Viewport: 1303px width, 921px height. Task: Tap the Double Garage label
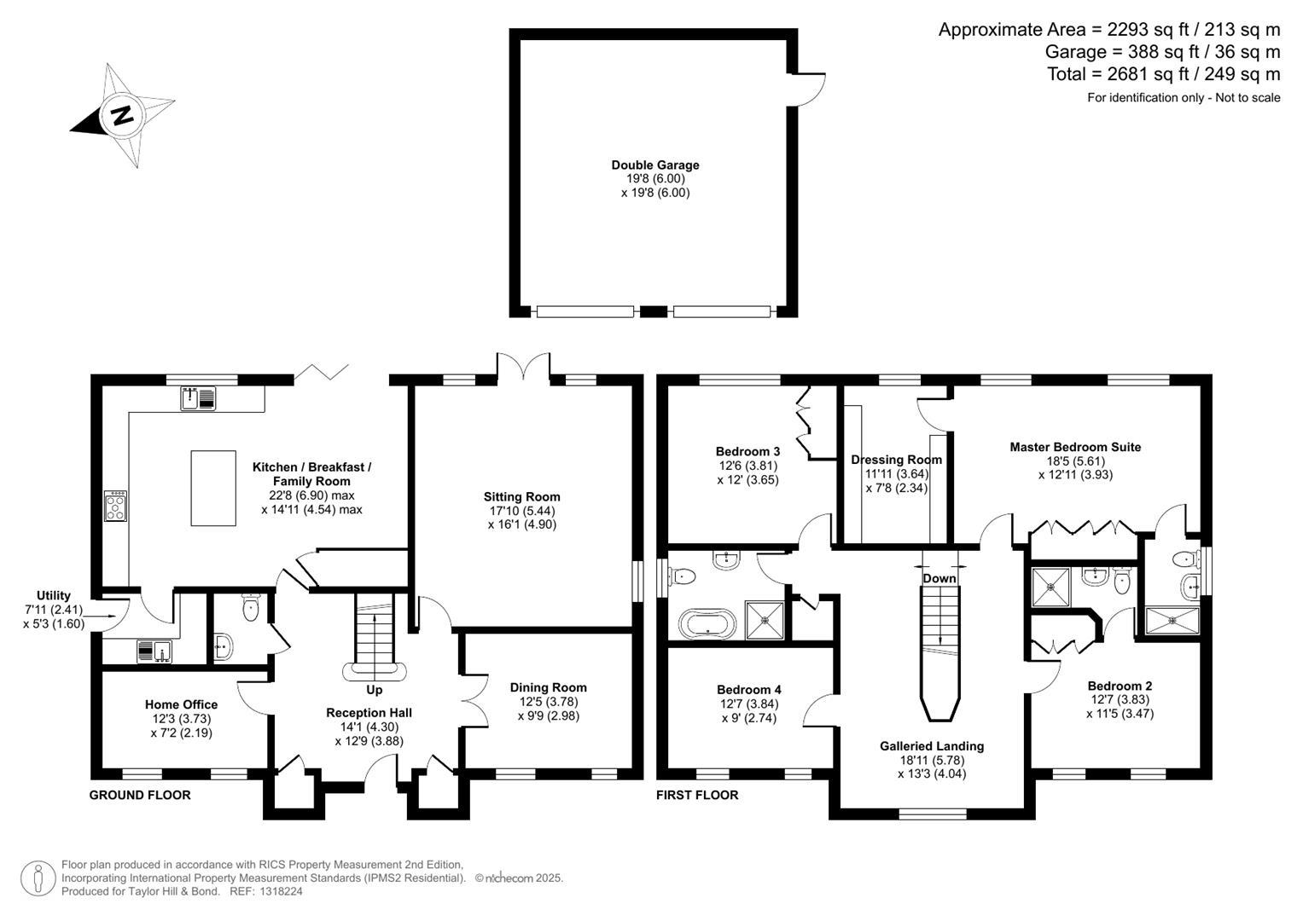click(654, 165)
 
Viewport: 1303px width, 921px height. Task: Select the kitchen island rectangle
click(213, 488)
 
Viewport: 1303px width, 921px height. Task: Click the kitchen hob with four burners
click(115, 505)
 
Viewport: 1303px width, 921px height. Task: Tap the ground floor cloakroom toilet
click(251, 607)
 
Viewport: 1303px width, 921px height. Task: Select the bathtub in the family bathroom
click(706, 623)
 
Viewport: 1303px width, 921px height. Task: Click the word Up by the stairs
click(374, 690)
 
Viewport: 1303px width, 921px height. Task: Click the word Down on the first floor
click(939, 578)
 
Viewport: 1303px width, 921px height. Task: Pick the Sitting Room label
click(521, 497)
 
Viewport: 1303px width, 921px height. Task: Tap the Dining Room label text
click(548, 687)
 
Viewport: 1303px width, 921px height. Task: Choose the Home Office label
click(181, 704)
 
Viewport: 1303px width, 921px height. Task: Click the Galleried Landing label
click(932, 746)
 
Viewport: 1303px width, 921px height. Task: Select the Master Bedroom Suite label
click(1075, 447)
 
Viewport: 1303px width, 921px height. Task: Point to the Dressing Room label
click(896, 460)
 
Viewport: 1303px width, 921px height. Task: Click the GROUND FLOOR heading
click(140, 795)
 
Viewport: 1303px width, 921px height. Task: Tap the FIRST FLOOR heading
click(697, 795)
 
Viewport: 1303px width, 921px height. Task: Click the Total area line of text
click(1163, 74)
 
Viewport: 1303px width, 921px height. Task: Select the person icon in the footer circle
click(38, 878)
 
